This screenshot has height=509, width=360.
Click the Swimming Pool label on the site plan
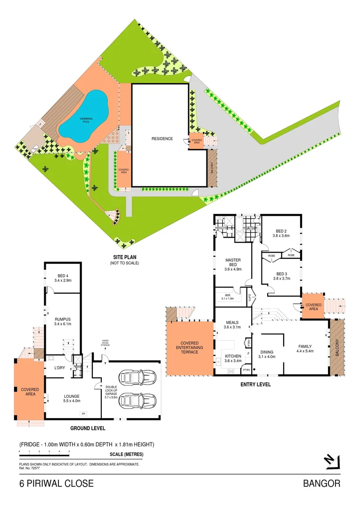[x=86, y=120]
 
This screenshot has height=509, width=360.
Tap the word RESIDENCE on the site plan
[x=162, y=139]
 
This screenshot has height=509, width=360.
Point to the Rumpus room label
[x=62, y=321]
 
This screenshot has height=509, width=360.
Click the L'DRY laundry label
[x=59, y=367]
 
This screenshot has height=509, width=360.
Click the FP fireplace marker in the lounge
[x=83, y=413]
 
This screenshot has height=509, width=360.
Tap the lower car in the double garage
[x=138, y=401]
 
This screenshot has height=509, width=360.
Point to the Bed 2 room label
[x=281, y=233]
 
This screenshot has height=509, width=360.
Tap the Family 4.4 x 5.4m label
[x=304, y=349]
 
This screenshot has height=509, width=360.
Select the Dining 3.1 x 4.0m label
[x=267, y=354]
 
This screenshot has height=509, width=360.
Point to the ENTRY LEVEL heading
[x=255, y=385]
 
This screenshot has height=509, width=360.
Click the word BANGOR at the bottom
[x=322, y=484]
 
